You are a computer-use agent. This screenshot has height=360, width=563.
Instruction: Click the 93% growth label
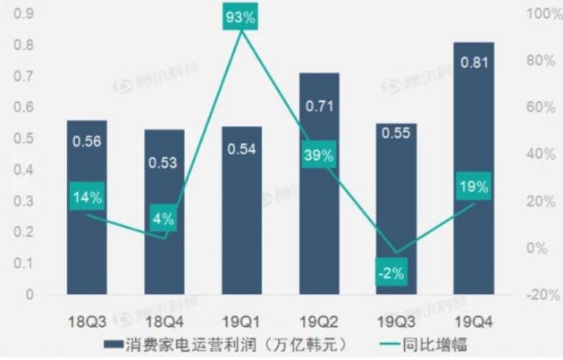[x=241, y=18]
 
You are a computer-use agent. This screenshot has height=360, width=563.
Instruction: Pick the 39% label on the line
[x=319, y=155]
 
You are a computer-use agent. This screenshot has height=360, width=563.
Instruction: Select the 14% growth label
[x=88, y=197]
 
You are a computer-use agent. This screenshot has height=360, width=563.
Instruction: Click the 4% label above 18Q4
[x=164, y=217]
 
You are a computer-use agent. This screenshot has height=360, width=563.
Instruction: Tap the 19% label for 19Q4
[x=474, y=187]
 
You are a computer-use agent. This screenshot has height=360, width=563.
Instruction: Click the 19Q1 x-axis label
[x=241, y=319]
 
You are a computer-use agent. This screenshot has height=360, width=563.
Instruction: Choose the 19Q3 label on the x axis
[x=396, y=319]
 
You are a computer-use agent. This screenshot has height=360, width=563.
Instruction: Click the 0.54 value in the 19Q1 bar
[x=241, y=147]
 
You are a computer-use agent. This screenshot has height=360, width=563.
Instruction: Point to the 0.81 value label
[x=474, y=63]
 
